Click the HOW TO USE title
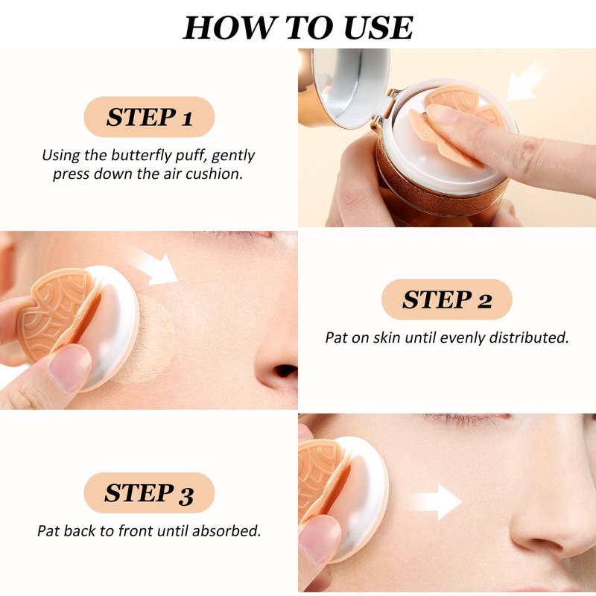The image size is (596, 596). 298,28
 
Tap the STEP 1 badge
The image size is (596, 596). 149,117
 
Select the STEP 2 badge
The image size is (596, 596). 446,299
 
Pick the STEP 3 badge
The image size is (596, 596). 149,492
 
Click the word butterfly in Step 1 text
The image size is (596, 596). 140,156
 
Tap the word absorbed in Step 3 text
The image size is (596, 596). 226,530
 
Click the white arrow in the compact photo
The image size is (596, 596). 527,83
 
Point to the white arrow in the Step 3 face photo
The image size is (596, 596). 437,501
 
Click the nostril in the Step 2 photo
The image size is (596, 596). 285,370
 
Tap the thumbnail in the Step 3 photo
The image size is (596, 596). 320,538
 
